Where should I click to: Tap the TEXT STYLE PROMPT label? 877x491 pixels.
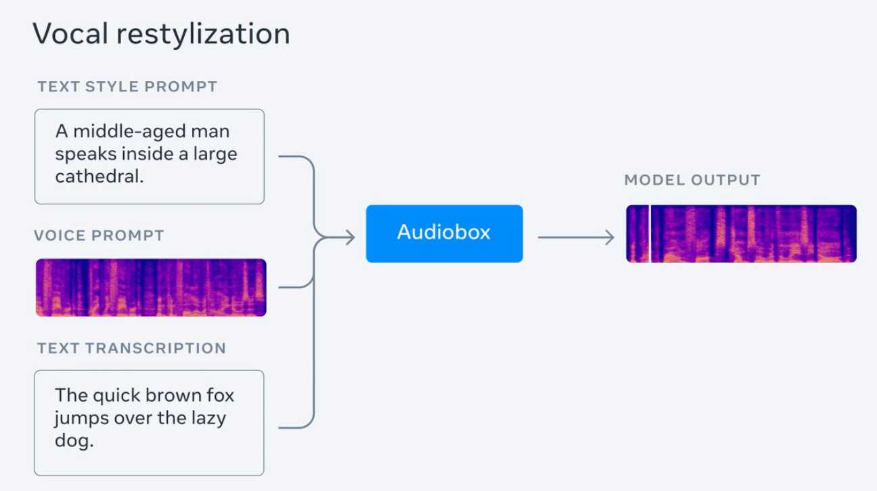point(127,87)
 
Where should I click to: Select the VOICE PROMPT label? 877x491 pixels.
point(99,236)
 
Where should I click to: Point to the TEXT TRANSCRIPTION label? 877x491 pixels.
point(131,348)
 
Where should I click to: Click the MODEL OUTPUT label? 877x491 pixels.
point(692,181)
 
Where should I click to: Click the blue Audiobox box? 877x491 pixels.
point(444,233)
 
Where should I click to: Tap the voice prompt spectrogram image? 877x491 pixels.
point(151,287)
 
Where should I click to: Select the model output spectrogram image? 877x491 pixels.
point(742,234)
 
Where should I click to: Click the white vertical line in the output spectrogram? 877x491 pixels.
point(650,234)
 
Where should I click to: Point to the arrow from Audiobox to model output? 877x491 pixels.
point(575,237)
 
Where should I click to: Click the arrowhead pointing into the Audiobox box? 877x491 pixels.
point(350,237)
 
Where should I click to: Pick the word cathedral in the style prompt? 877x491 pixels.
point(99,177)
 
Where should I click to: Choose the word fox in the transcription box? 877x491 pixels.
point(219,395)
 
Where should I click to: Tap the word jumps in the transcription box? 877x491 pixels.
point(81,419)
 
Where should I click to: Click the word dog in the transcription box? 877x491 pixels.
point(74,442)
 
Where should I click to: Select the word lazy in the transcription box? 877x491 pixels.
point(207,418)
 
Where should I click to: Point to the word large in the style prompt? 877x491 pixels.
point(215,155)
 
